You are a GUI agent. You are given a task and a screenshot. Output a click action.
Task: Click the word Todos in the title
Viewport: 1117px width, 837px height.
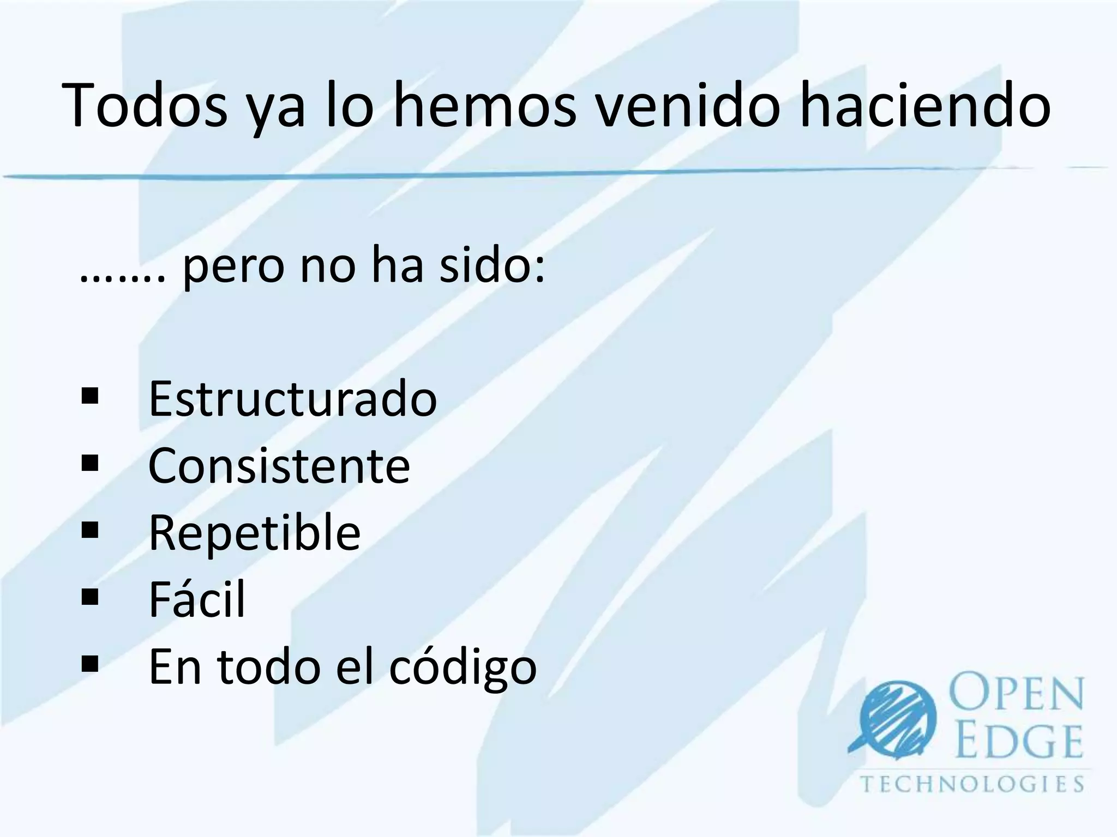145,105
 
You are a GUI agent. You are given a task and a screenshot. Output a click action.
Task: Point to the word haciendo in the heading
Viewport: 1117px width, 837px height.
924,105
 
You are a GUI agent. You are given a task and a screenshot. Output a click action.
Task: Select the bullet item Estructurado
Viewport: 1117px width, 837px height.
293,399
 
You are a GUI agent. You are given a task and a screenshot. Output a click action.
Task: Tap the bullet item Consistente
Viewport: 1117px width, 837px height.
279,466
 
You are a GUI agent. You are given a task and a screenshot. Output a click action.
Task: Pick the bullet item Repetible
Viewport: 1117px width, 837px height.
255,532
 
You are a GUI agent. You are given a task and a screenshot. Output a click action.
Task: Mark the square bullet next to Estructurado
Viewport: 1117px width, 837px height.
89,396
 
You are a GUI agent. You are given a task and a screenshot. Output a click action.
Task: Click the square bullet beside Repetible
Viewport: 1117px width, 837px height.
89,530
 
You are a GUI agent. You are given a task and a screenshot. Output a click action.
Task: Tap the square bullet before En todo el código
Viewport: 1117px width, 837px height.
89,664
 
